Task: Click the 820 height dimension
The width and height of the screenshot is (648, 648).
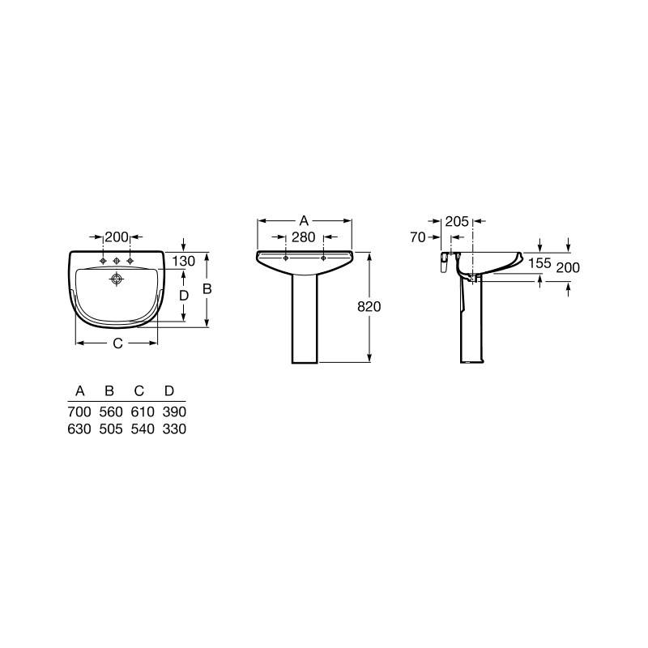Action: tap(369, 307)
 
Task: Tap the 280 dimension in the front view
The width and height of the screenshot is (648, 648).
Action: tap(303, 237)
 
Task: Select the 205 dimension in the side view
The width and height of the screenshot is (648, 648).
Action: tap(457, 221)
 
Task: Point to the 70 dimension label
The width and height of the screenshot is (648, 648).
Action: tap(418, 237)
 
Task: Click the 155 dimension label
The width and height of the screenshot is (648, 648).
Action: tap(539, 263)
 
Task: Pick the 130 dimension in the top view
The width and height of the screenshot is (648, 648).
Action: tap(184, 261)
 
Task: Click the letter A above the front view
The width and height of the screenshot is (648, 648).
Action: tap(304, 220)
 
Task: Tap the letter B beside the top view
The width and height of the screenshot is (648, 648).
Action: tap(207, 289)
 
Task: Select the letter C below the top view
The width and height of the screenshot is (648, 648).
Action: tap(117, 343)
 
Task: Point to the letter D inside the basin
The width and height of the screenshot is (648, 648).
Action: tap(184, 296)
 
